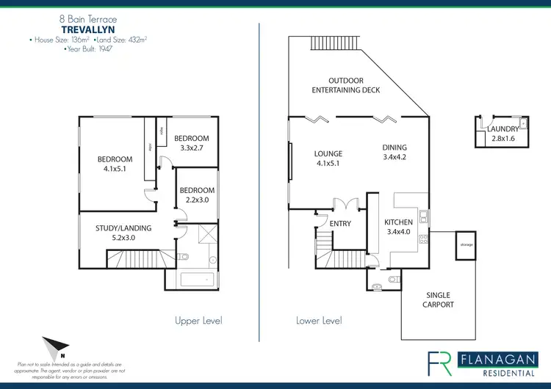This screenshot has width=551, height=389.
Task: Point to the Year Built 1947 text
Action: coord(87,50)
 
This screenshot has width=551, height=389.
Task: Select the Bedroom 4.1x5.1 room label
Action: coord(115,164)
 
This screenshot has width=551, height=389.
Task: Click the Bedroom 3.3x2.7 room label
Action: coord(191,143)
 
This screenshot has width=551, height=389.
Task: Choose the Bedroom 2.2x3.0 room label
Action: coord(197,194)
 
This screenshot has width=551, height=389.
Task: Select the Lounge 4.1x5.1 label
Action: coord(328,159)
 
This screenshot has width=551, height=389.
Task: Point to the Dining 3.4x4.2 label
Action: coord(395,151)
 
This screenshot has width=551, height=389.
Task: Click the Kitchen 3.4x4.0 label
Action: coord(399,228)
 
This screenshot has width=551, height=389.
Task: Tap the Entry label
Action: coord(340,224)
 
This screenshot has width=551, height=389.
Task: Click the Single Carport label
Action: coord(440,299)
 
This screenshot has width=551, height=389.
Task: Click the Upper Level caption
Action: coord(198,321)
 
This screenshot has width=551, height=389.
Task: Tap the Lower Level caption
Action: coord(319,321)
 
